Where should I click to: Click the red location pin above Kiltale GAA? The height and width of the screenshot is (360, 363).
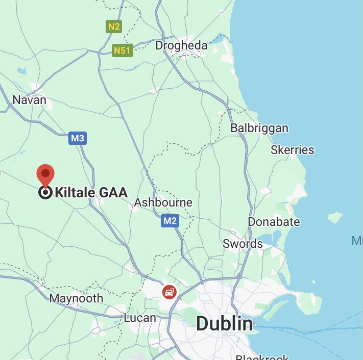tap(46, 175)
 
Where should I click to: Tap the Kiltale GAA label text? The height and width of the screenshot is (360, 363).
tap(91, 192)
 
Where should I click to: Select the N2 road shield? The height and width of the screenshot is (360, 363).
tap(113, 26)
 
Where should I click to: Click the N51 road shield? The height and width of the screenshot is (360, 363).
tap(123, 50)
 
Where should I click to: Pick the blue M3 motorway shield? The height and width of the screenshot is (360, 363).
tap(78, 138)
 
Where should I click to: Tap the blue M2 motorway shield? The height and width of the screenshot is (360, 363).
tap(170, 221)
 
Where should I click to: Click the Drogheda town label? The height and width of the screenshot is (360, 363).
tap(181, 45)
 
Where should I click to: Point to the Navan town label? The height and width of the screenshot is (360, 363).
tap(29, 100)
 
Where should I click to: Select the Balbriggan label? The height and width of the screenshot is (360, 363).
tap(259, 128)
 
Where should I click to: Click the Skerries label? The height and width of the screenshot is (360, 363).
tap(292, 150)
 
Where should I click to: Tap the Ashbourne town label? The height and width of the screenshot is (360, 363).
tap(163, 202)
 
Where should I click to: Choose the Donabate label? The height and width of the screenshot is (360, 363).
tap(274, 222)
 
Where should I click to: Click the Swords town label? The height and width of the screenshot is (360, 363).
tap(243, 244)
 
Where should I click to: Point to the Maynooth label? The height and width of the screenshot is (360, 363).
tap(76, 298)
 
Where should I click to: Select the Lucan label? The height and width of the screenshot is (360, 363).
tap(140, 318)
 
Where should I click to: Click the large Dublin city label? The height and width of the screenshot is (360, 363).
tap(224, 323)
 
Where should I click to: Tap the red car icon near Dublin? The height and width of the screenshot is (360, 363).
tap(169, 292)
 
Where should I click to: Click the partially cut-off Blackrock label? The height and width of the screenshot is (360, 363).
tap(262, 357)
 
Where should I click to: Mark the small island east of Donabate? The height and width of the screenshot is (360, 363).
tap(334, 218)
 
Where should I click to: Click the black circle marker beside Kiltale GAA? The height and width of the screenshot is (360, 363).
tap(45, 193)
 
